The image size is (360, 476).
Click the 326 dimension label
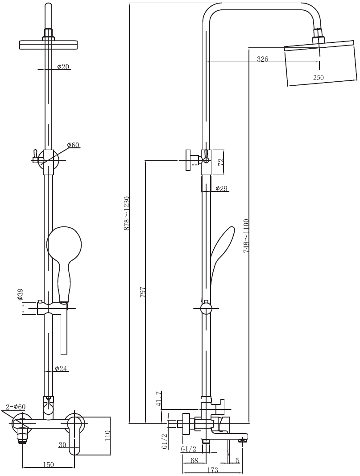tap(262, 59)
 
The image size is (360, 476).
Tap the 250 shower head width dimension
tap(318, 78)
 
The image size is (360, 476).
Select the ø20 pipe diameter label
tap(63, 67)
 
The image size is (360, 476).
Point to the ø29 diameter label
tap(222, 189)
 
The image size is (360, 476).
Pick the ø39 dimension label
tap(21, 295)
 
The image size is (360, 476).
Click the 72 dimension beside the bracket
tap(220, 162)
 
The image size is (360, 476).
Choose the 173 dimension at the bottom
tap(213, 470)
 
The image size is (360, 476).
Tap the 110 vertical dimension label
tap(107, 436)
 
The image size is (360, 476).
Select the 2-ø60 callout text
tap(16, 407)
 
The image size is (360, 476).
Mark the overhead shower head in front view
tap(49, 44)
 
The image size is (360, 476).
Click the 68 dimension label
tap(194, 460)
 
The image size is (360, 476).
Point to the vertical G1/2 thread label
tap(164, 441)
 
